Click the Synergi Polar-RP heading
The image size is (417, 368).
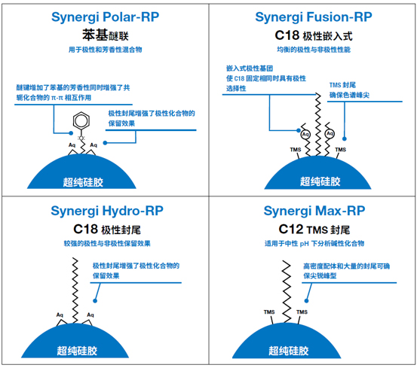coord(106,18)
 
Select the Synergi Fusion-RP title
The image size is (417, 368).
coord(314,18)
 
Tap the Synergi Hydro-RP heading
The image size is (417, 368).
coord(107,211)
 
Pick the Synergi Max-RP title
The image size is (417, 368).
coord(314,211)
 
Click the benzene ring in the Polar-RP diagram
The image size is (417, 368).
coord(81,121)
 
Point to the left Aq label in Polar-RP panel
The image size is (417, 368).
coord(72,145)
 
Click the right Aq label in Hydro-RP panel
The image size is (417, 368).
coord(90,315)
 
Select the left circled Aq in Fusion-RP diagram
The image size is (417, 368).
coord(305,134)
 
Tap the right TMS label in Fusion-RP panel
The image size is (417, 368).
coord(341,150)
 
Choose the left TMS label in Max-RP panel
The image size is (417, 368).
coord(269,312)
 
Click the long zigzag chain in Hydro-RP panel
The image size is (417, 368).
coord(75,290)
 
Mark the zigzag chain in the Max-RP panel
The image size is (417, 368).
coord(287,291)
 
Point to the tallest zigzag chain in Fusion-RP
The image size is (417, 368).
coord(318,124)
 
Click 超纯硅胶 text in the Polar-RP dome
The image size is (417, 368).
coord(83,183)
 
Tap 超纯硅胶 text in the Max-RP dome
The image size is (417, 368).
coord(289,351)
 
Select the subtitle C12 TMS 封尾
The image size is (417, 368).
coord(314,230)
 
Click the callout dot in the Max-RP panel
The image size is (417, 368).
coord(306,301)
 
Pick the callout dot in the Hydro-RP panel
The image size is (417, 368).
coord(95,301)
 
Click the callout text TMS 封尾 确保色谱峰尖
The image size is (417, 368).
coord(349,90)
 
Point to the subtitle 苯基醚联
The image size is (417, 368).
coord(106,35)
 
